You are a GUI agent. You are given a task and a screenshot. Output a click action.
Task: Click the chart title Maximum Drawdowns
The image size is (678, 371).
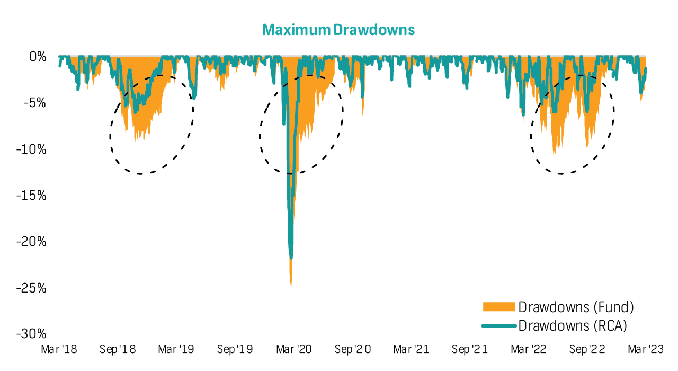pos(338,30)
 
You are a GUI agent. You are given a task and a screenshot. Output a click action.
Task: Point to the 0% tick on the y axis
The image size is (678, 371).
pos(37,56)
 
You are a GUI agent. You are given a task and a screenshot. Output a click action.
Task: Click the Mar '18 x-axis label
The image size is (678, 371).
pos(59,350)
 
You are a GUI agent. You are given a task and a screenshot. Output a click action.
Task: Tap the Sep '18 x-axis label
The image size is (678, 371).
pos(118,350)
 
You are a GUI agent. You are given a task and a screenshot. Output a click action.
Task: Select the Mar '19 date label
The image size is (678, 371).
pos(176,350)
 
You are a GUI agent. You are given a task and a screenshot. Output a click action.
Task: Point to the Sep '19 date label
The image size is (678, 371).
pos(235,350)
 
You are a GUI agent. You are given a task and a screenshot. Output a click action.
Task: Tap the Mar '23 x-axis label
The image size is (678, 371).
pos(645,350)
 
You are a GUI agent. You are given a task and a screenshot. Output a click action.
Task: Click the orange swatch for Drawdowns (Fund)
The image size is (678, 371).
pos(498,307)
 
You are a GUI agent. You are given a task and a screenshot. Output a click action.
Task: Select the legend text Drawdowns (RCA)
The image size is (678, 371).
pos(572,325)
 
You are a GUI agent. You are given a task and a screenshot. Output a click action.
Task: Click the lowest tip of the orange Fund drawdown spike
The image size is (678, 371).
pos(291,288)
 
